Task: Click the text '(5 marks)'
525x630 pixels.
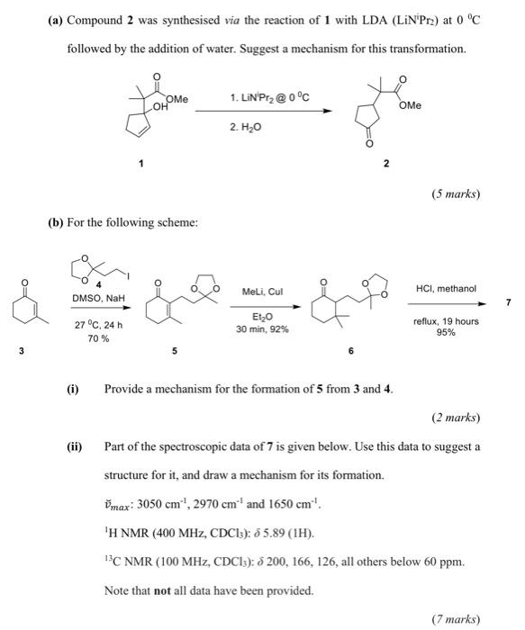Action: click(457, 193)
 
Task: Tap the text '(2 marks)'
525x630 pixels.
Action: click(457, 418)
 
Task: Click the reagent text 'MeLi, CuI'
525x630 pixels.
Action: click(261, 291)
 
